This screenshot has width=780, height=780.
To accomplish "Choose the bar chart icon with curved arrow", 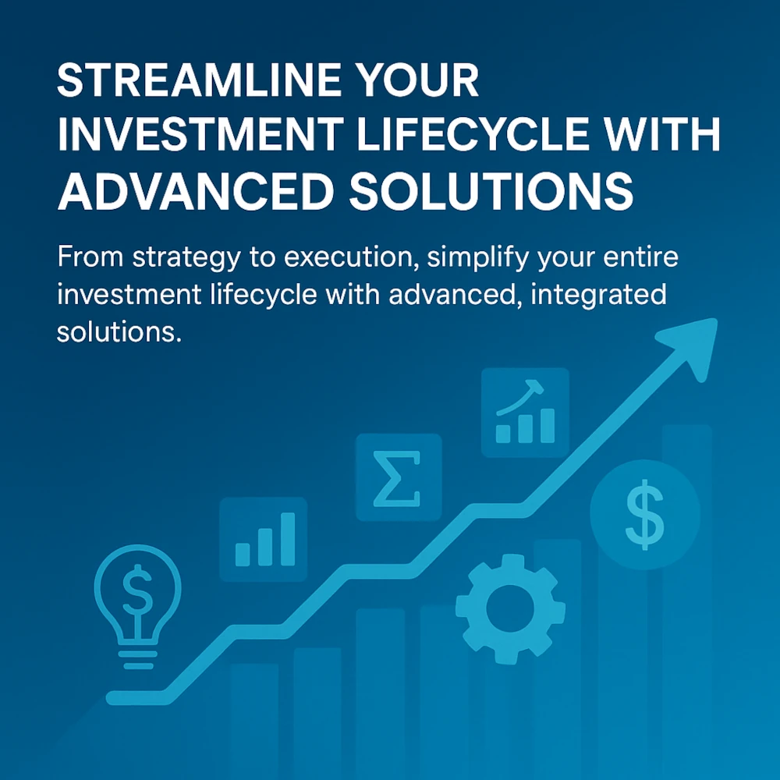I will [x=525, y=413].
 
